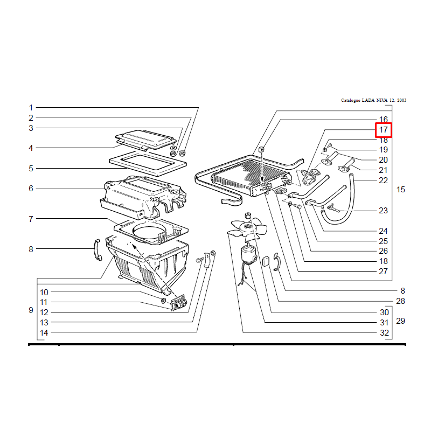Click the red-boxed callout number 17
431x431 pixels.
(x=383, y=129)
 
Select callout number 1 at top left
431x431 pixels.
(x=31, y=107)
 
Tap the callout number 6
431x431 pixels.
(x=31, y=188)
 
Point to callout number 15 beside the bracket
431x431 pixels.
(x=400, y=190)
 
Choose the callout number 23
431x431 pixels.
(x=383, y=210)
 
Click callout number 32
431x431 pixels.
(x=384, y=333)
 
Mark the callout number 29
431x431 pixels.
(x=400, y=321)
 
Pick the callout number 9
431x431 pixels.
(x=31, y=310)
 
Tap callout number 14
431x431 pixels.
(x=44, y=333)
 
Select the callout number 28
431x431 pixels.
(x=400, y=301)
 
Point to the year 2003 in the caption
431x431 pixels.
(x=401, y=100)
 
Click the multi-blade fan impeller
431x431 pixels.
(x=248, y=227)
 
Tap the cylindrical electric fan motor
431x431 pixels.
(x=248, y=255)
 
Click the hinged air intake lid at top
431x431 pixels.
(x=145, y=140)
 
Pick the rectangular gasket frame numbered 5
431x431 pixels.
(x=148, y=163)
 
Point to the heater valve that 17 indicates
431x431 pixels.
(x=310, y=176)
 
